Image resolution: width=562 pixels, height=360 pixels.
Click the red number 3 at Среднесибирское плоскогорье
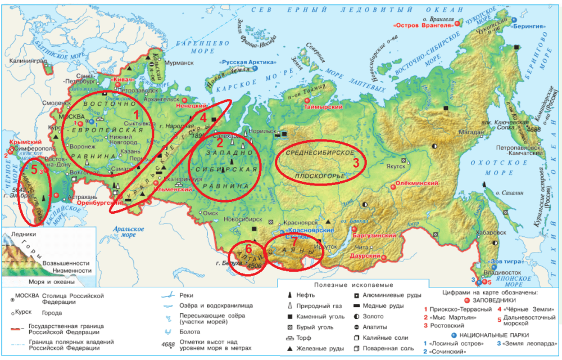[355, 163]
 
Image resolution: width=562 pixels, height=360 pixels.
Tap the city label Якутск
[395, 166]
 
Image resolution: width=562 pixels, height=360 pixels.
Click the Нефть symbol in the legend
[289, 295]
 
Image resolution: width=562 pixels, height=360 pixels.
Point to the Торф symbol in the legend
[289, 337]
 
